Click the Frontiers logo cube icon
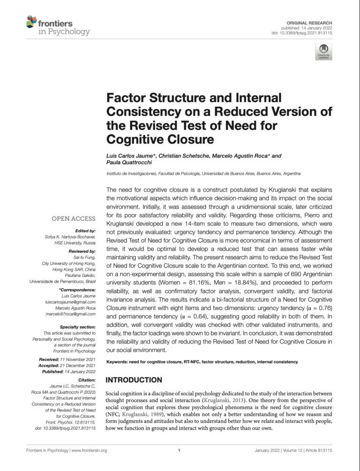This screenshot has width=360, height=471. (x=31, y=22)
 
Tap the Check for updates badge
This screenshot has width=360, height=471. (x=324, y=52)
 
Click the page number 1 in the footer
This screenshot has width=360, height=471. (x=180, y=450)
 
